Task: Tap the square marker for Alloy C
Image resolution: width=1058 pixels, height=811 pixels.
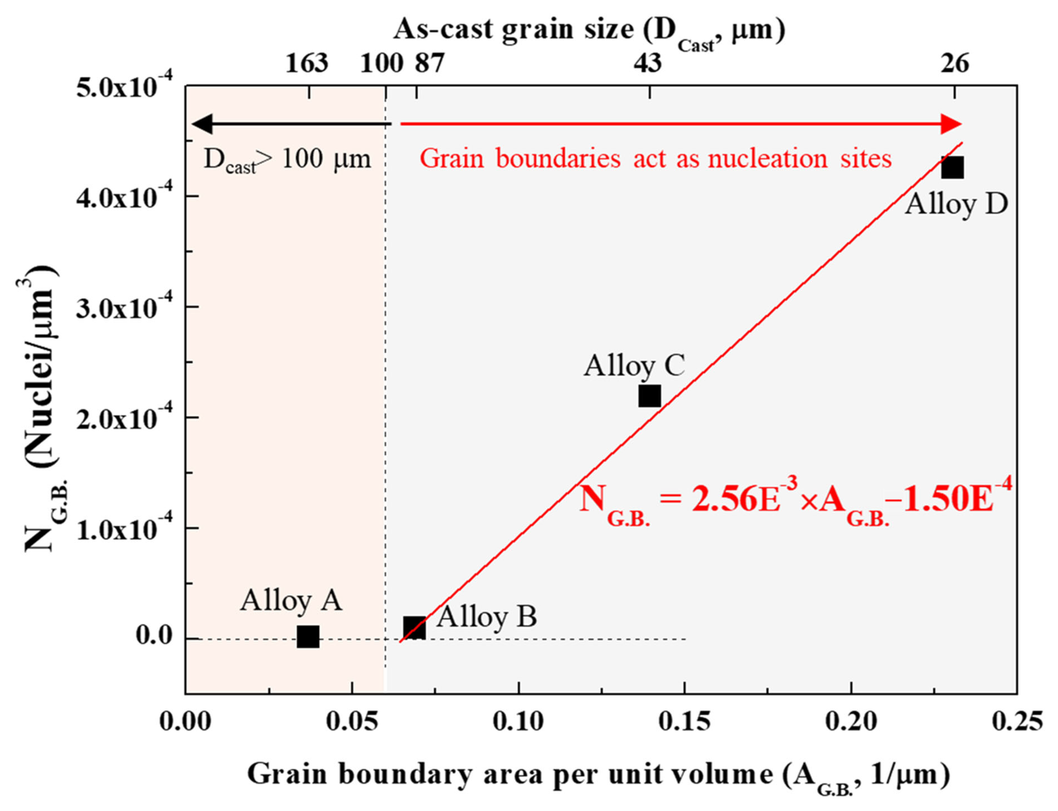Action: point(649,396)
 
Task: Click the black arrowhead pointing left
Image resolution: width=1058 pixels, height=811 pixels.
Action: point(203,124)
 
